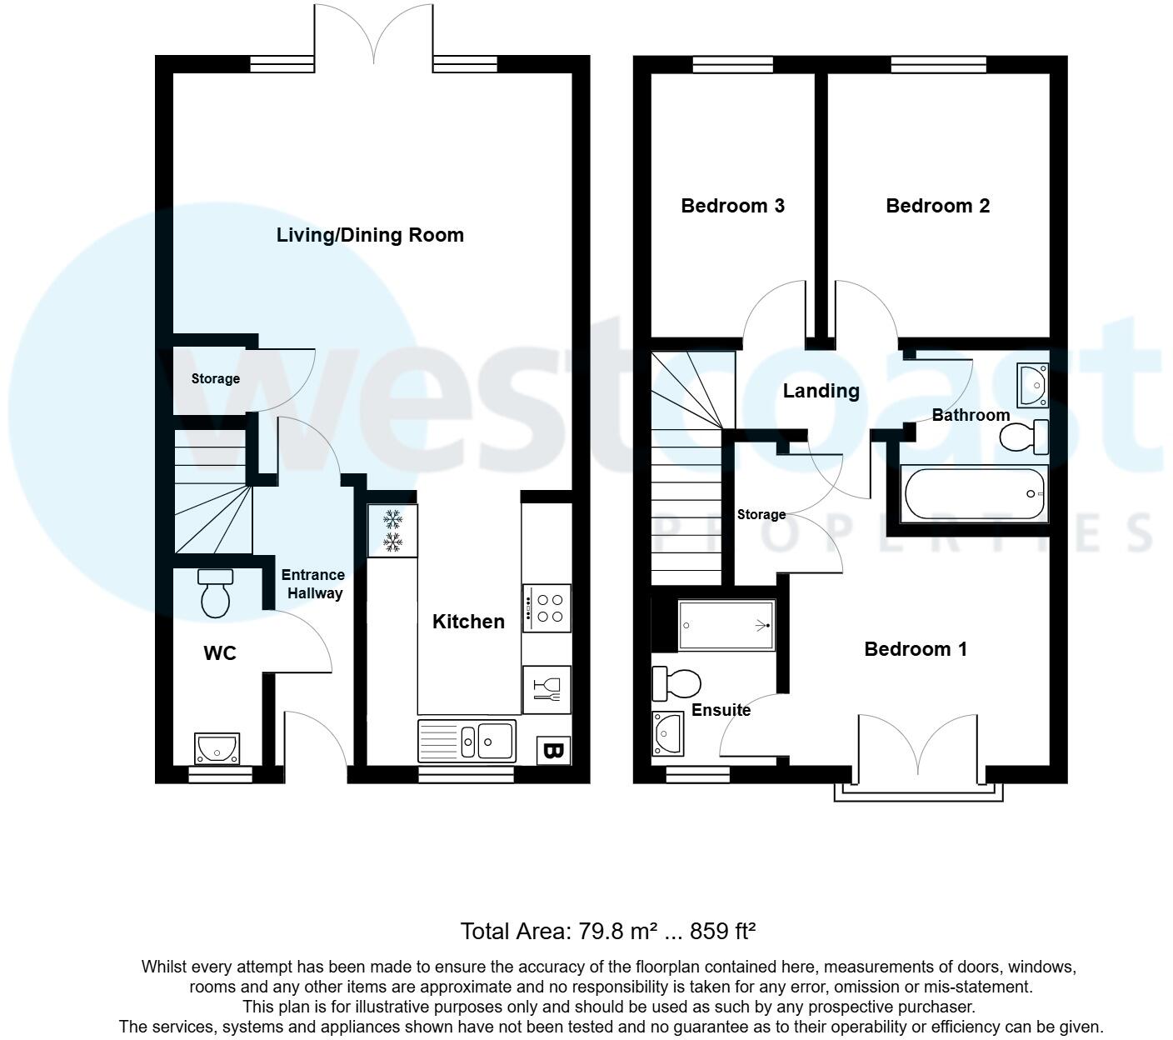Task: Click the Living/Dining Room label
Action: point(370,235)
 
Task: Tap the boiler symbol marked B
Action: point(553,750)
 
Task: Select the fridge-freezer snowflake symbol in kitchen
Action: point(392,532)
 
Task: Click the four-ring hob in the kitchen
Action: point(547,608)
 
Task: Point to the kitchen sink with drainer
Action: point(467,740)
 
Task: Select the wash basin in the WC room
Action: point(217,749)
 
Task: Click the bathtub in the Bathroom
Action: point(974,494)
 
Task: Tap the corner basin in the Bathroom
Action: point(1031,385)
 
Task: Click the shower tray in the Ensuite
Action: point(726,625)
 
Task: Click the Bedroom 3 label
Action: point(732,206)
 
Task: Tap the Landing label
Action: point(821,391)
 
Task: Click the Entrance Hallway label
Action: point(312,584)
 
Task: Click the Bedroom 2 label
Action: point(937,206)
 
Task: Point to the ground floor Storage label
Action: point(215,378)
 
